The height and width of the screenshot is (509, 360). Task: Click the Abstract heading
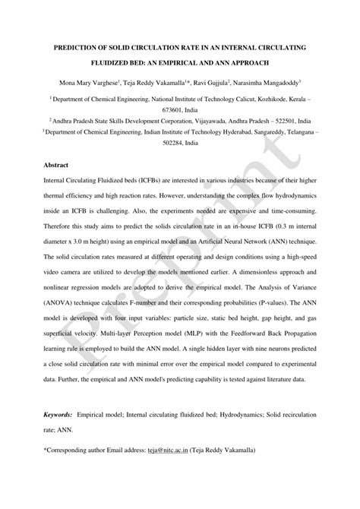click(x=55, y=164)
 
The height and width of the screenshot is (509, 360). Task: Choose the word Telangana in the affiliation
click(x=292, y=131)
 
